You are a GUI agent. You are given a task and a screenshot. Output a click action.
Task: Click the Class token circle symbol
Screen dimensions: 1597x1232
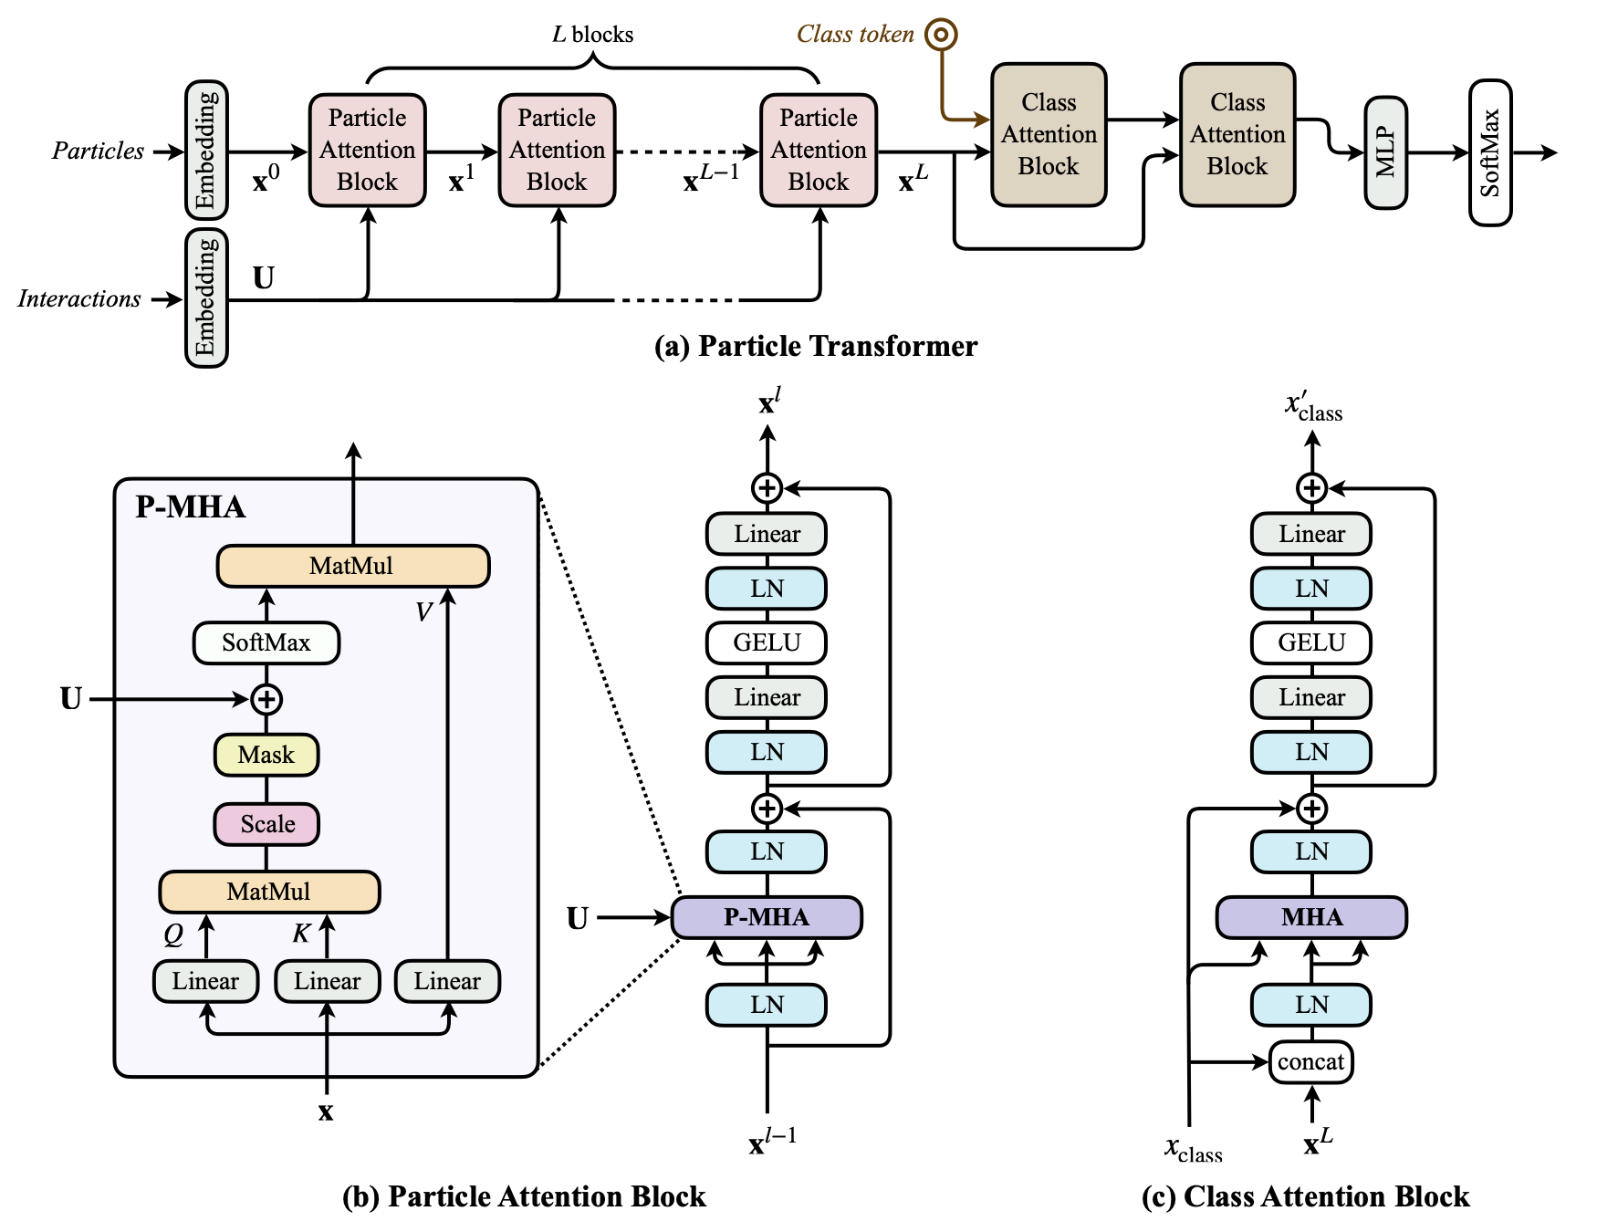click(x=941, y=35)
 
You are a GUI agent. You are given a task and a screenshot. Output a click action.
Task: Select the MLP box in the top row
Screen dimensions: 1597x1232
click(x=1385, y=152)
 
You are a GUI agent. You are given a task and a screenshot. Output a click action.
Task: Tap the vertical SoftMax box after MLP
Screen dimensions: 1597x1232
click(x=1490, y=152)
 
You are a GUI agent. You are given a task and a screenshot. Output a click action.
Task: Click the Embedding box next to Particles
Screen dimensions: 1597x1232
click(x=206, y=150)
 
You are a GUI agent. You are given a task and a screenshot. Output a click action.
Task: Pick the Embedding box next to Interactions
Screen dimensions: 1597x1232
click(x=206, y=298)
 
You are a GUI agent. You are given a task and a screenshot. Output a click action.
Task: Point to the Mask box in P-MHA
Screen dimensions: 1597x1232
click(x=266, y=755)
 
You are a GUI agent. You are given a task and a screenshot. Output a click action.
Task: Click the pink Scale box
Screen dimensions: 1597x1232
click(x=266, y=824)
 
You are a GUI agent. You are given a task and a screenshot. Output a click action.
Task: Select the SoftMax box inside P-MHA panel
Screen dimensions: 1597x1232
click(x=266, y=642)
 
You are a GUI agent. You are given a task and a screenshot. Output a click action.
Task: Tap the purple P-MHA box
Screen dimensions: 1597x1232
click(x=767, y=917)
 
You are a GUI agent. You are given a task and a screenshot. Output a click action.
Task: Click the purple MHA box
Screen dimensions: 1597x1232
click(x=1311, y=917)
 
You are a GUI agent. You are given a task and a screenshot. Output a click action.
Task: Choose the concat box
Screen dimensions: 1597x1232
click(x=1311, y=1061)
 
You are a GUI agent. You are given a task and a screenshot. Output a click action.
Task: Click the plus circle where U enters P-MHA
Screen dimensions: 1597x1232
click(x=266, y=700)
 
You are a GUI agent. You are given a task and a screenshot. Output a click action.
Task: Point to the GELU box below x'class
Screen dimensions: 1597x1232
click(x=1311, y=642)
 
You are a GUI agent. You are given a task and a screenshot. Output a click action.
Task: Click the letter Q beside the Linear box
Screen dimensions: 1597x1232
click(x=173, y=934)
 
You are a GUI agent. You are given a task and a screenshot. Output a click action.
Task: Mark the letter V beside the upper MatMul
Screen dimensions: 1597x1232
click(x=423, y=611)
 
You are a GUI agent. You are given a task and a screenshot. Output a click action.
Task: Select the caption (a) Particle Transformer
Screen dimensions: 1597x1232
click(x=816, y=346)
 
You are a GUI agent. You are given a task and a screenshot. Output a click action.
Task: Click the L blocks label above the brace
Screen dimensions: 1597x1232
click(x=592, y=35)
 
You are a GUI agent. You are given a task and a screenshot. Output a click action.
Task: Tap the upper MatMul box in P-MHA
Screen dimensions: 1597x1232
click(x=353, y=566)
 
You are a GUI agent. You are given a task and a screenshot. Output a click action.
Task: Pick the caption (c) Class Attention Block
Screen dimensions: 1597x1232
click(x=1306, y=1196)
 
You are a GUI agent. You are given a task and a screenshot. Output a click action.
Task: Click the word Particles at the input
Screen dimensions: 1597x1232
click(x=98, y=151)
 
